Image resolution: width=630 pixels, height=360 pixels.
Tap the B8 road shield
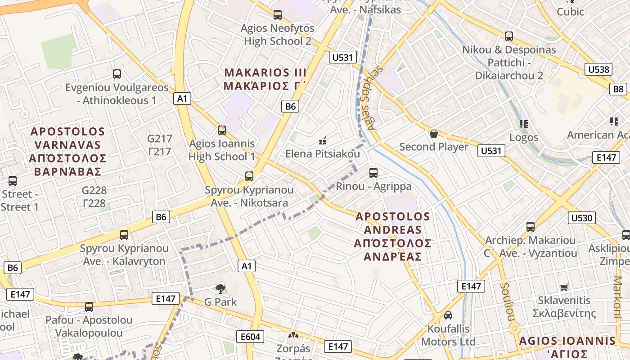pyautogui.click(x=619, y=89)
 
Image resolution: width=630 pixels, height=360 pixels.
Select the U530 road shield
pyautogui.click(x=582, y=218)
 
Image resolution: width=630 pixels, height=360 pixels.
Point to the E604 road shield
pyautogui.click(x=250, y=337)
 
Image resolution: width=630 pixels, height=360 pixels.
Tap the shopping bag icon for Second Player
pyautogui.click(x=434, y=134)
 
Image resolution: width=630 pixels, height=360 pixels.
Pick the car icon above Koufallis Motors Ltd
pyautogui.click(x=448, y=315)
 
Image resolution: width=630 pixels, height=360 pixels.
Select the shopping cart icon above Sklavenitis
pyautogui.click(x=564, y=287)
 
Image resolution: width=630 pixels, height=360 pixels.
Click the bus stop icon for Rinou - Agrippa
pyautogui.click(x=373, y=172)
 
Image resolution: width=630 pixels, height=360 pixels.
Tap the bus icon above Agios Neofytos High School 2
pyautogui.click(x=278, y=15)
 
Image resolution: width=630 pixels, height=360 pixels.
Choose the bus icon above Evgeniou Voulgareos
pyautogui.click(x=117, y=74)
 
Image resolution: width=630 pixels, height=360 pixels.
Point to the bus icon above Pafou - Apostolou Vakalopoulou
pyautogui.click(x=89, y=307)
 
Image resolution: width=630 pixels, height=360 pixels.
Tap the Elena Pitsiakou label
pyautogui.click(x=323, y=154)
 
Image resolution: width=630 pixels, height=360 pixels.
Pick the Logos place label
pyautogui.click(x=524, y=137)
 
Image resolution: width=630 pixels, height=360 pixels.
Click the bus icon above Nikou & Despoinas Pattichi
pyautogui.click(x=509, y=36)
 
